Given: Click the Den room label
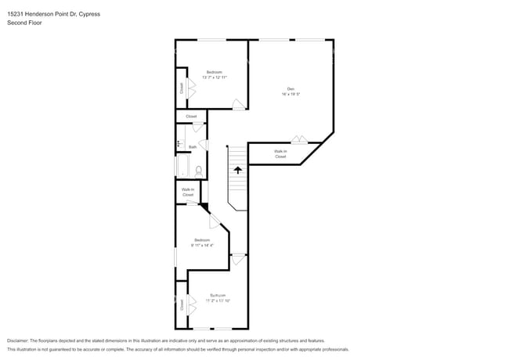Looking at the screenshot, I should [290, 88].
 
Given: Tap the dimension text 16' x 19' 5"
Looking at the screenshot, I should [291, 94].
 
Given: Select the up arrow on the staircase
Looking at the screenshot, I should [238, 168].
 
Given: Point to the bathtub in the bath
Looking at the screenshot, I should [182, 166].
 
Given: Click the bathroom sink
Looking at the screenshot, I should [179, 144].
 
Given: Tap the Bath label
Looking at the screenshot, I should [193, 146].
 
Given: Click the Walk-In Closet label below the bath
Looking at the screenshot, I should [188, 192].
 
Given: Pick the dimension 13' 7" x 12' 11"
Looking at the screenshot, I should [214, 77].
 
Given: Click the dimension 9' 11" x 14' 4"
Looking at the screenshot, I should [202, 245].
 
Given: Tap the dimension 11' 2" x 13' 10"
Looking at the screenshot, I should [217, 301].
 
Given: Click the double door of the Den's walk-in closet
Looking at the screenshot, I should [298, 140].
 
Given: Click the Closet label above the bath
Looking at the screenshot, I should [191, 117].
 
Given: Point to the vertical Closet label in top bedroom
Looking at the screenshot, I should [182, 88].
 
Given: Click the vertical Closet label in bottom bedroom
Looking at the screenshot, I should [182, 304].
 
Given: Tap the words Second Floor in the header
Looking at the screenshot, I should [24, 23].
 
